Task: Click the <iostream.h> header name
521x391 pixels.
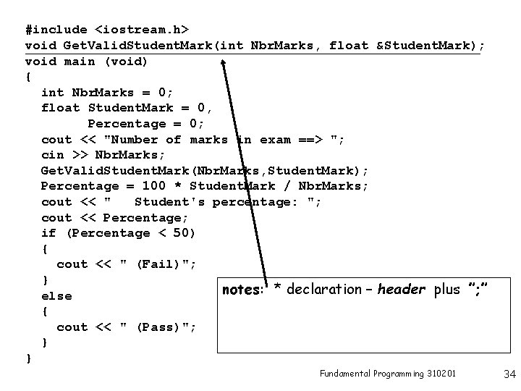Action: point(142,30)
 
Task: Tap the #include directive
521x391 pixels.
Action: point(56,30)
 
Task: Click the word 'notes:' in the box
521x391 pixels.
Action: point(242,290)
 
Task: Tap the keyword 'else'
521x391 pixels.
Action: point(56,295)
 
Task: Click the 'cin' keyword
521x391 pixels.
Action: point(53,155)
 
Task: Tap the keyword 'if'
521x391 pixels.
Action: point(49,233)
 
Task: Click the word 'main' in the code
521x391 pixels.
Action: point(80,61)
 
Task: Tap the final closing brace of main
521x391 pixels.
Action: point(28,358)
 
